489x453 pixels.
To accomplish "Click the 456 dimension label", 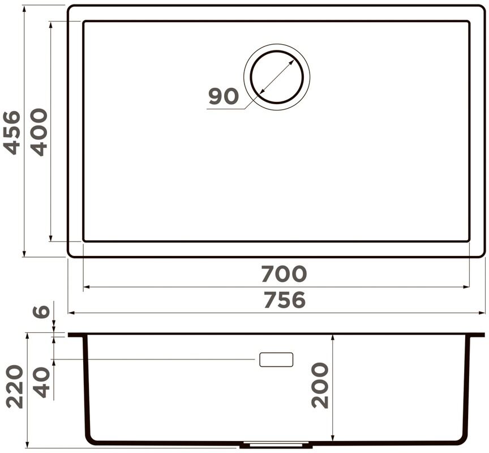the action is click(x=11, y=133).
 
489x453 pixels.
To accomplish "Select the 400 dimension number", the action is click(x=39, y=132).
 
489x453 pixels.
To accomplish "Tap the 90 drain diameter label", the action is click(x=224, y=96).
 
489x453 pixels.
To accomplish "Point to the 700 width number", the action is click(x=284, y=273).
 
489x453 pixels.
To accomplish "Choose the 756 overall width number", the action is click(x=284, y=300).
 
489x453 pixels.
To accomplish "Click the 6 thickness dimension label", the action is click(x=41, y=311).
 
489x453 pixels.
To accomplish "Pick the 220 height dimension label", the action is click(x=15, y=387).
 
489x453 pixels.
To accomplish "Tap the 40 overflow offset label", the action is click(x=41, y=382).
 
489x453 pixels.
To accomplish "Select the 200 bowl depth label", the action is click(x=320, y=385).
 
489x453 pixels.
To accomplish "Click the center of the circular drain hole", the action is click(x=277, y=77).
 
